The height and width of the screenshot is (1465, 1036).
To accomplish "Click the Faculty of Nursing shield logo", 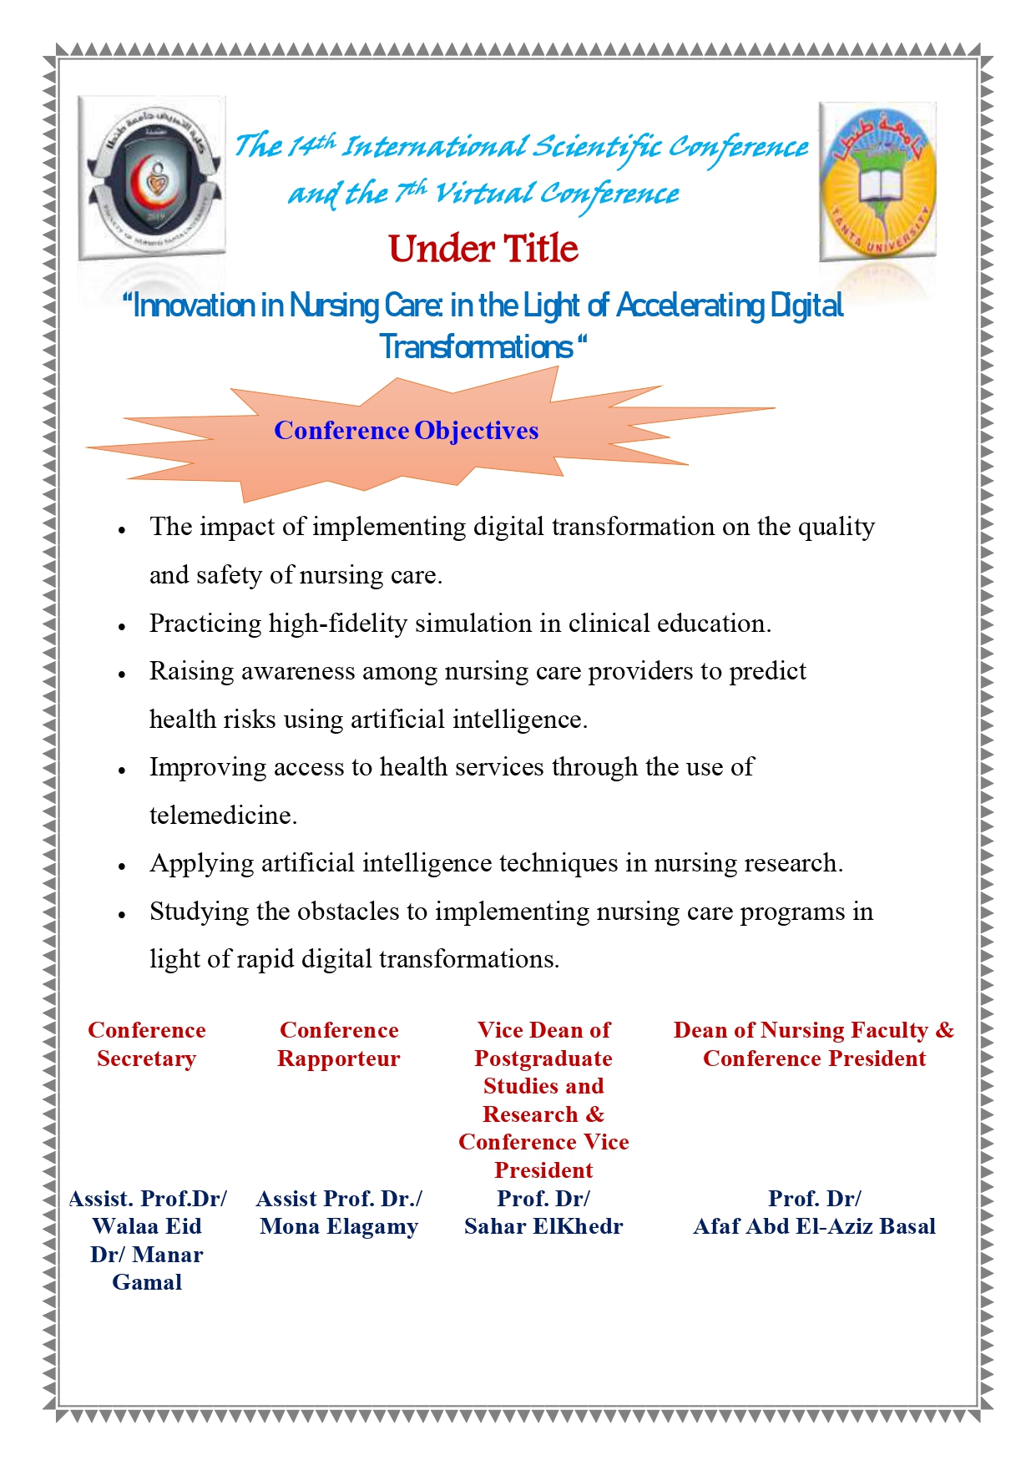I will click(x=152, y=178).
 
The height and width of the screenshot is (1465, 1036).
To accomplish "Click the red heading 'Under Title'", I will click(x=483, y=249).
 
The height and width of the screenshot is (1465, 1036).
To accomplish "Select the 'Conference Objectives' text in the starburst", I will click(x=406, y=431).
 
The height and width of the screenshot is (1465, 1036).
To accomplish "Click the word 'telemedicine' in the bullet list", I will click(x=220, y=816).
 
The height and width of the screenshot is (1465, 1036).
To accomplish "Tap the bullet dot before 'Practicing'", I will click(x=122, y=626).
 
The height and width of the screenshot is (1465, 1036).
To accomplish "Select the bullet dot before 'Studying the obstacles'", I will click(x=122, y=914).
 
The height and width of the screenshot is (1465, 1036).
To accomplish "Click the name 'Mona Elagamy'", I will click(x=339, y=1226).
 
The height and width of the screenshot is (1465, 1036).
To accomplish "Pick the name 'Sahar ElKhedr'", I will click(x=543, y=1226).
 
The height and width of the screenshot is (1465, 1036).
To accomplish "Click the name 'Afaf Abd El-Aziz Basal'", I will click(x=814, y=1226).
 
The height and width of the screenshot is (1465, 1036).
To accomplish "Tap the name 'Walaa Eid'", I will click(x=147, y=1226).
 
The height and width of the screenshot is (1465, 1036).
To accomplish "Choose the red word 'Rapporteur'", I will click(x=339, y=1058).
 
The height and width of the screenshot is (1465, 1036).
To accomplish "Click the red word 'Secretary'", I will click(x=147, y=1058).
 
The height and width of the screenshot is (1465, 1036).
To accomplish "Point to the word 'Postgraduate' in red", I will click(x=543, y=1058).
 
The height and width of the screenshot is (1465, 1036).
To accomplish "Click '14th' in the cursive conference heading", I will click(x=310, y=147).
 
